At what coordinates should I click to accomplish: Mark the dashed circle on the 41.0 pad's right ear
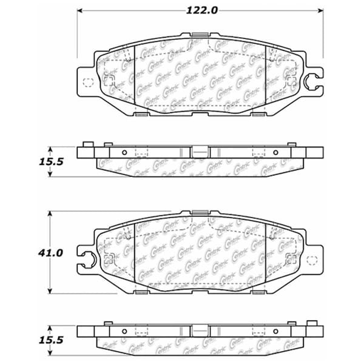314,261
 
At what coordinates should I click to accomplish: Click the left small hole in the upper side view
124,152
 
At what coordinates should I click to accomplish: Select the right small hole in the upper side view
276,152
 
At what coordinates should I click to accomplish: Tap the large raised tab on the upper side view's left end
86,144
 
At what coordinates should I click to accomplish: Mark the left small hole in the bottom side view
124,332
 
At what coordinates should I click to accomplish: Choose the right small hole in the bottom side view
276,332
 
